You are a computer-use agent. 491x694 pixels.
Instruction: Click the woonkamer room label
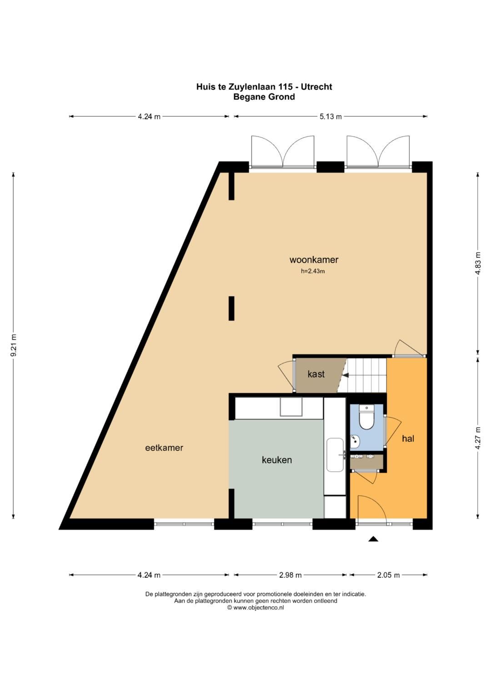(314, 260)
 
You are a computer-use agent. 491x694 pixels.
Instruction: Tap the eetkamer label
(164, 448)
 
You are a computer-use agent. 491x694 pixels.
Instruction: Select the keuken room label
(276, 460)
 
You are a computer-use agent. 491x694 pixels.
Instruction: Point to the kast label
(316, 374)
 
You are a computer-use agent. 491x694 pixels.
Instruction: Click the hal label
(408, 439)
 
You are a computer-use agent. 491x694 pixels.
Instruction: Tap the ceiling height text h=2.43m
(313, 271)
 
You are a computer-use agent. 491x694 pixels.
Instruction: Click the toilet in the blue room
(366, 417)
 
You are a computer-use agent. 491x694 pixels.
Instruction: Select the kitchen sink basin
(335, 455)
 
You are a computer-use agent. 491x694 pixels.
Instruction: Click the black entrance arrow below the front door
(373, 539)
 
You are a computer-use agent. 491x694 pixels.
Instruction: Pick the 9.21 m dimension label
(13, 345)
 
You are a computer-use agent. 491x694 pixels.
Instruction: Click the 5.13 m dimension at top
(331, 116)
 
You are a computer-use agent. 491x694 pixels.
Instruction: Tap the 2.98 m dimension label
(290, 575)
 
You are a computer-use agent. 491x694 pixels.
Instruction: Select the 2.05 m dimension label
(388, 575)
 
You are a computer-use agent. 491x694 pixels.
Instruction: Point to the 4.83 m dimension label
(477, 263)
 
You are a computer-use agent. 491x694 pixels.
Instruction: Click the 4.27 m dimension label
(477, 438)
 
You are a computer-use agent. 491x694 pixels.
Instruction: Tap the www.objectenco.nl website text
(258, 607)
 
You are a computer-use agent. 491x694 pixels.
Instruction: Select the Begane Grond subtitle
(264, 96)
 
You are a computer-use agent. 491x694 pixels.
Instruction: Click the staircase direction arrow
(346, 375)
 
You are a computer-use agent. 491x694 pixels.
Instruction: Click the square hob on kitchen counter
(291, 407)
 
